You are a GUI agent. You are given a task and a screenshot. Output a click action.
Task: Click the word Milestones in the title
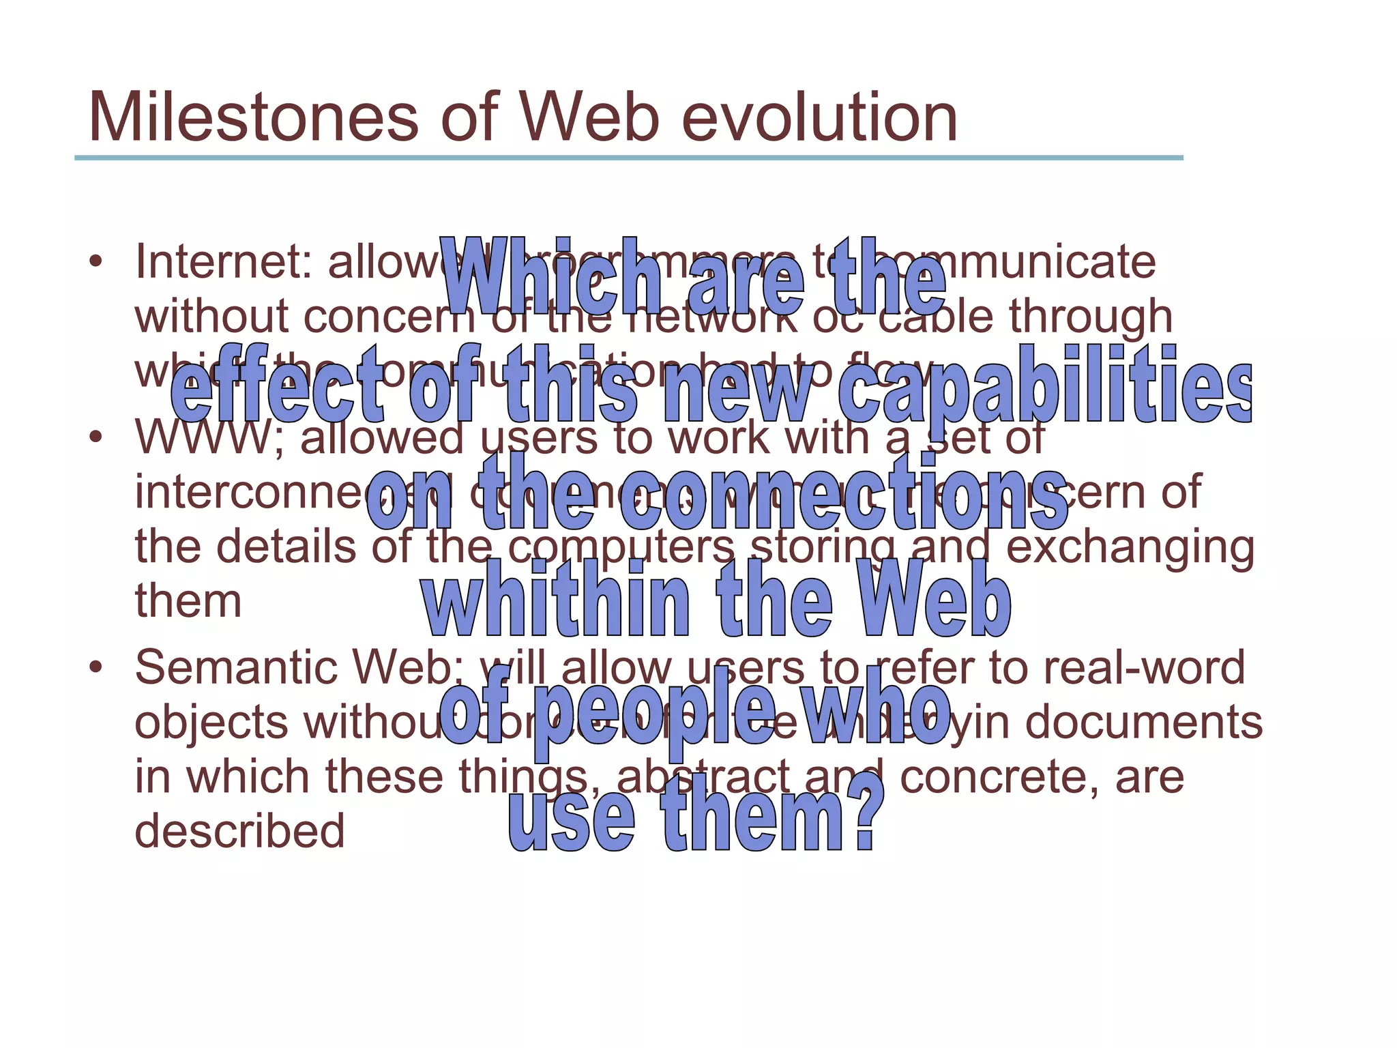(x=253, y=118)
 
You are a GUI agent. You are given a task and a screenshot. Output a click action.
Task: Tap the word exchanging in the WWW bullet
(x=1130, y=548)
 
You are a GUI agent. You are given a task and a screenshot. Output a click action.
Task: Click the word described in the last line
(x=239, y=831)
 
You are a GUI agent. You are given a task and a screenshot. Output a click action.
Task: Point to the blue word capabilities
(x=1044, y=386)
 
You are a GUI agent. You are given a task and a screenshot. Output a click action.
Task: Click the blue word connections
(x=842, y=493)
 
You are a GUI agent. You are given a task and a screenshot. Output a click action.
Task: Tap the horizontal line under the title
(x=628, y=158)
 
